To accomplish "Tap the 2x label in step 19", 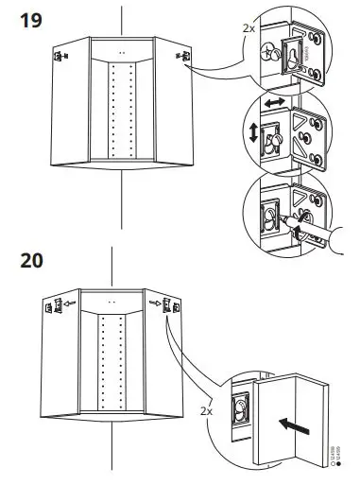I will pos(249,29).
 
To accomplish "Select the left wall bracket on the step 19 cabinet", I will pos(60,57).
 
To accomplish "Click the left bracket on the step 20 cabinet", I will pos(47,304).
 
